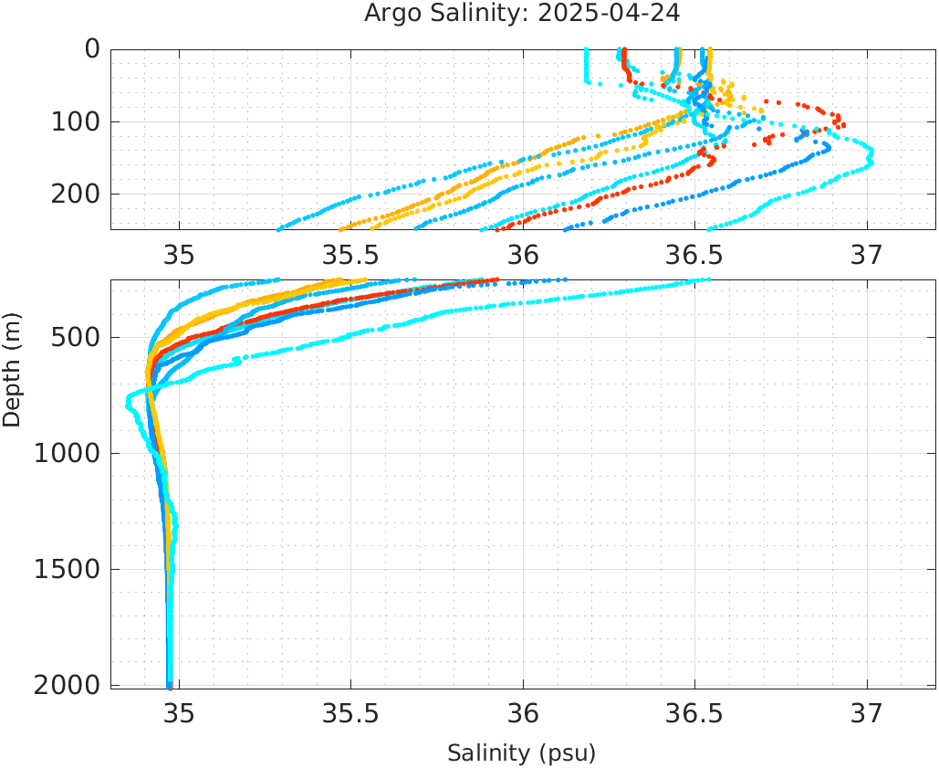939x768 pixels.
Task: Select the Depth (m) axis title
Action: pos(12,368)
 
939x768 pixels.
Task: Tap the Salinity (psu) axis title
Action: pos(521,753)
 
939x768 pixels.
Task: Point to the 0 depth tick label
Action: pos(92,49)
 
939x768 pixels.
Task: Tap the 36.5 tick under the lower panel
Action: pos(694,712)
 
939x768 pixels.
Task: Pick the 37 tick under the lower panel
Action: pos(867,712)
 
